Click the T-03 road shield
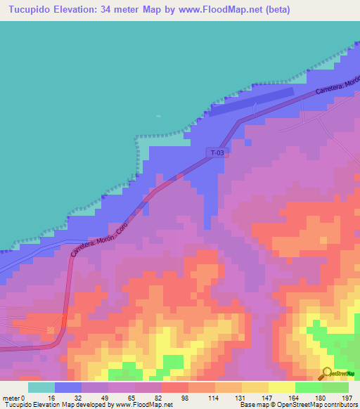coord(217,152)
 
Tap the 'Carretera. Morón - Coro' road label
coord(112,226)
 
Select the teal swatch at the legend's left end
coord(41,387)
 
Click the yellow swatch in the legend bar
coord(282,387)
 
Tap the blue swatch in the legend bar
coord(68,387)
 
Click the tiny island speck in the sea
coord(158,117)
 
